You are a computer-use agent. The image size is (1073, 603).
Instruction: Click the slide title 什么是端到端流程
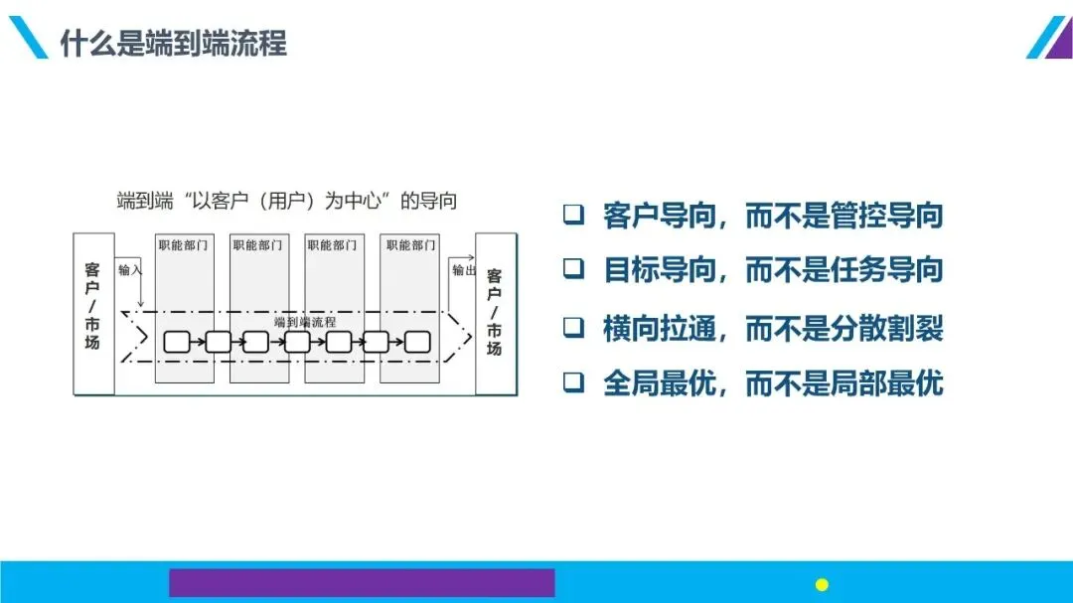[x=173, y=44]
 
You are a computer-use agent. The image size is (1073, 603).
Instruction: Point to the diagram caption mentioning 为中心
[x=287, y=202]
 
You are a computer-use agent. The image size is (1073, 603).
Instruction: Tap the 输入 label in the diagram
[x=130, y=269]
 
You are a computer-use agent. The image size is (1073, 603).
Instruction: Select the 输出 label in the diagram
[x=464, y=270]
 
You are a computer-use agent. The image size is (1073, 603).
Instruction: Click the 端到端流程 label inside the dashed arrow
[x=304, y=322]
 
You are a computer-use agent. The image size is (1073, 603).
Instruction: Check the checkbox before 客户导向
[x=573, y=216]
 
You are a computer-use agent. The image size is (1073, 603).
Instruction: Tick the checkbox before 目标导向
[x=573, y=269]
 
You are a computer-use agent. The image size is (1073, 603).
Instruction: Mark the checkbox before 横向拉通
[x=573, y=328]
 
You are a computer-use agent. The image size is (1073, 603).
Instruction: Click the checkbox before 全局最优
[x=573, y=383]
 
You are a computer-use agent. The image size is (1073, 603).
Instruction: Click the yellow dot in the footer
[x=822, y=584]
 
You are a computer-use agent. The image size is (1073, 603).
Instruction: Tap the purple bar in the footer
[x=362, y=583]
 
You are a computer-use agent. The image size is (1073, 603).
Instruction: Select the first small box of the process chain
[x=176, y=343]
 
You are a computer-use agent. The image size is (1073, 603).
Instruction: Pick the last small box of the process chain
[x=417, y=343]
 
